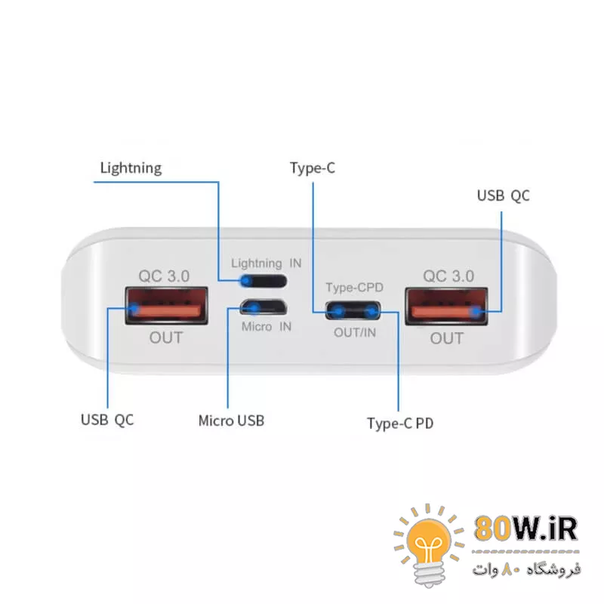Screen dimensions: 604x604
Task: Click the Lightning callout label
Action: click(x=131, y=167)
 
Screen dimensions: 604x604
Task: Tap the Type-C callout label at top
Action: click(x=312, y=167)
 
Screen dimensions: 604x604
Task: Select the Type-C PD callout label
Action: click(x=399, y=423)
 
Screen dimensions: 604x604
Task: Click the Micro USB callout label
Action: click(x=231, y=420)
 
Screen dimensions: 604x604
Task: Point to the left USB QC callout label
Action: click(x=107, y=420)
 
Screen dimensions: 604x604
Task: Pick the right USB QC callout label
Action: click(x=503, y=196)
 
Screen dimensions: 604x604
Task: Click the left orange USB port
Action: click(x=167, y=307)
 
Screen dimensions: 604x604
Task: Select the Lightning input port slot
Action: click(x=263, y=282)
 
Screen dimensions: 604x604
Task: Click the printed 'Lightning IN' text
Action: click(x=266, y=263)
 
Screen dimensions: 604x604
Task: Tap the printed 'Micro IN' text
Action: click(x=266, y=327)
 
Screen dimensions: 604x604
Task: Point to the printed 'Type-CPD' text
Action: click(x=354, y=288)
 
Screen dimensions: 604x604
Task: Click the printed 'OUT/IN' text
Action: click(x=355, y=331)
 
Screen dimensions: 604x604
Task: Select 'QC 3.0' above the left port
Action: click(x=164, y=276)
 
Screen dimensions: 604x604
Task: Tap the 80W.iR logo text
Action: click(x=526, y=529)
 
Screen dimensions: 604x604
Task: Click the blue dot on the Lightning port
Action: click(x=245, y=282)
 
